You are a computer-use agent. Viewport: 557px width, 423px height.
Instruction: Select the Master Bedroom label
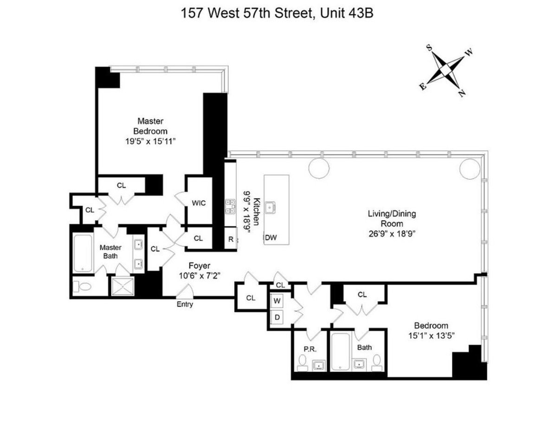tap(150, 125)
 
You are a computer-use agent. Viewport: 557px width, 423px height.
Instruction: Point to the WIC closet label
tap(199, 203)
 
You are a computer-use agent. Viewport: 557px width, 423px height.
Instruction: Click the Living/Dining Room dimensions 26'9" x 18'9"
tap(391, 233)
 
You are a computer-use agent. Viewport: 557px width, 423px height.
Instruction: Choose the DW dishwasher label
tap(271, 238)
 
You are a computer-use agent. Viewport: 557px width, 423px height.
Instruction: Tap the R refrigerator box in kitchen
tap(230, 239)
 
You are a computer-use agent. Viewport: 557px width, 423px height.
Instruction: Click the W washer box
tap(277, 301)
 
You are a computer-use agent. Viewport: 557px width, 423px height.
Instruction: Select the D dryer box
tap(277, 317)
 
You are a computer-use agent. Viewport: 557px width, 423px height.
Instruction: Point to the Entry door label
tap(185, 305)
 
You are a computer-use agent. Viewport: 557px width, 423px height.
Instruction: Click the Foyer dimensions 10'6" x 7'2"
tap(199, 275)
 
